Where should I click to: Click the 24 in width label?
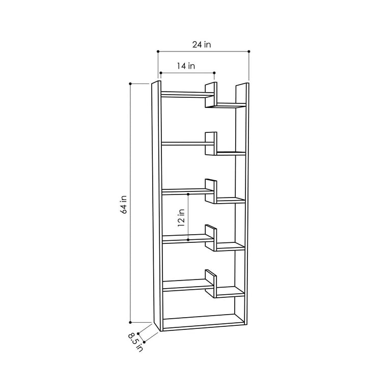202,45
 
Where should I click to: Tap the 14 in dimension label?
186,66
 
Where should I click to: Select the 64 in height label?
124,205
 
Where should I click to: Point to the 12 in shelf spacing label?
181,218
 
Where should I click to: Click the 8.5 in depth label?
135,342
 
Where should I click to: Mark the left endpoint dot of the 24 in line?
158,51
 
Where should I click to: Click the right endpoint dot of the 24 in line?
249,51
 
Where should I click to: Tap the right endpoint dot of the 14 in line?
214,73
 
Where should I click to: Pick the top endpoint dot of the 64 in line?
130,84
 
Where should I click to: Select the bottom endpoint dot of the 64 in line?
130,322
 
